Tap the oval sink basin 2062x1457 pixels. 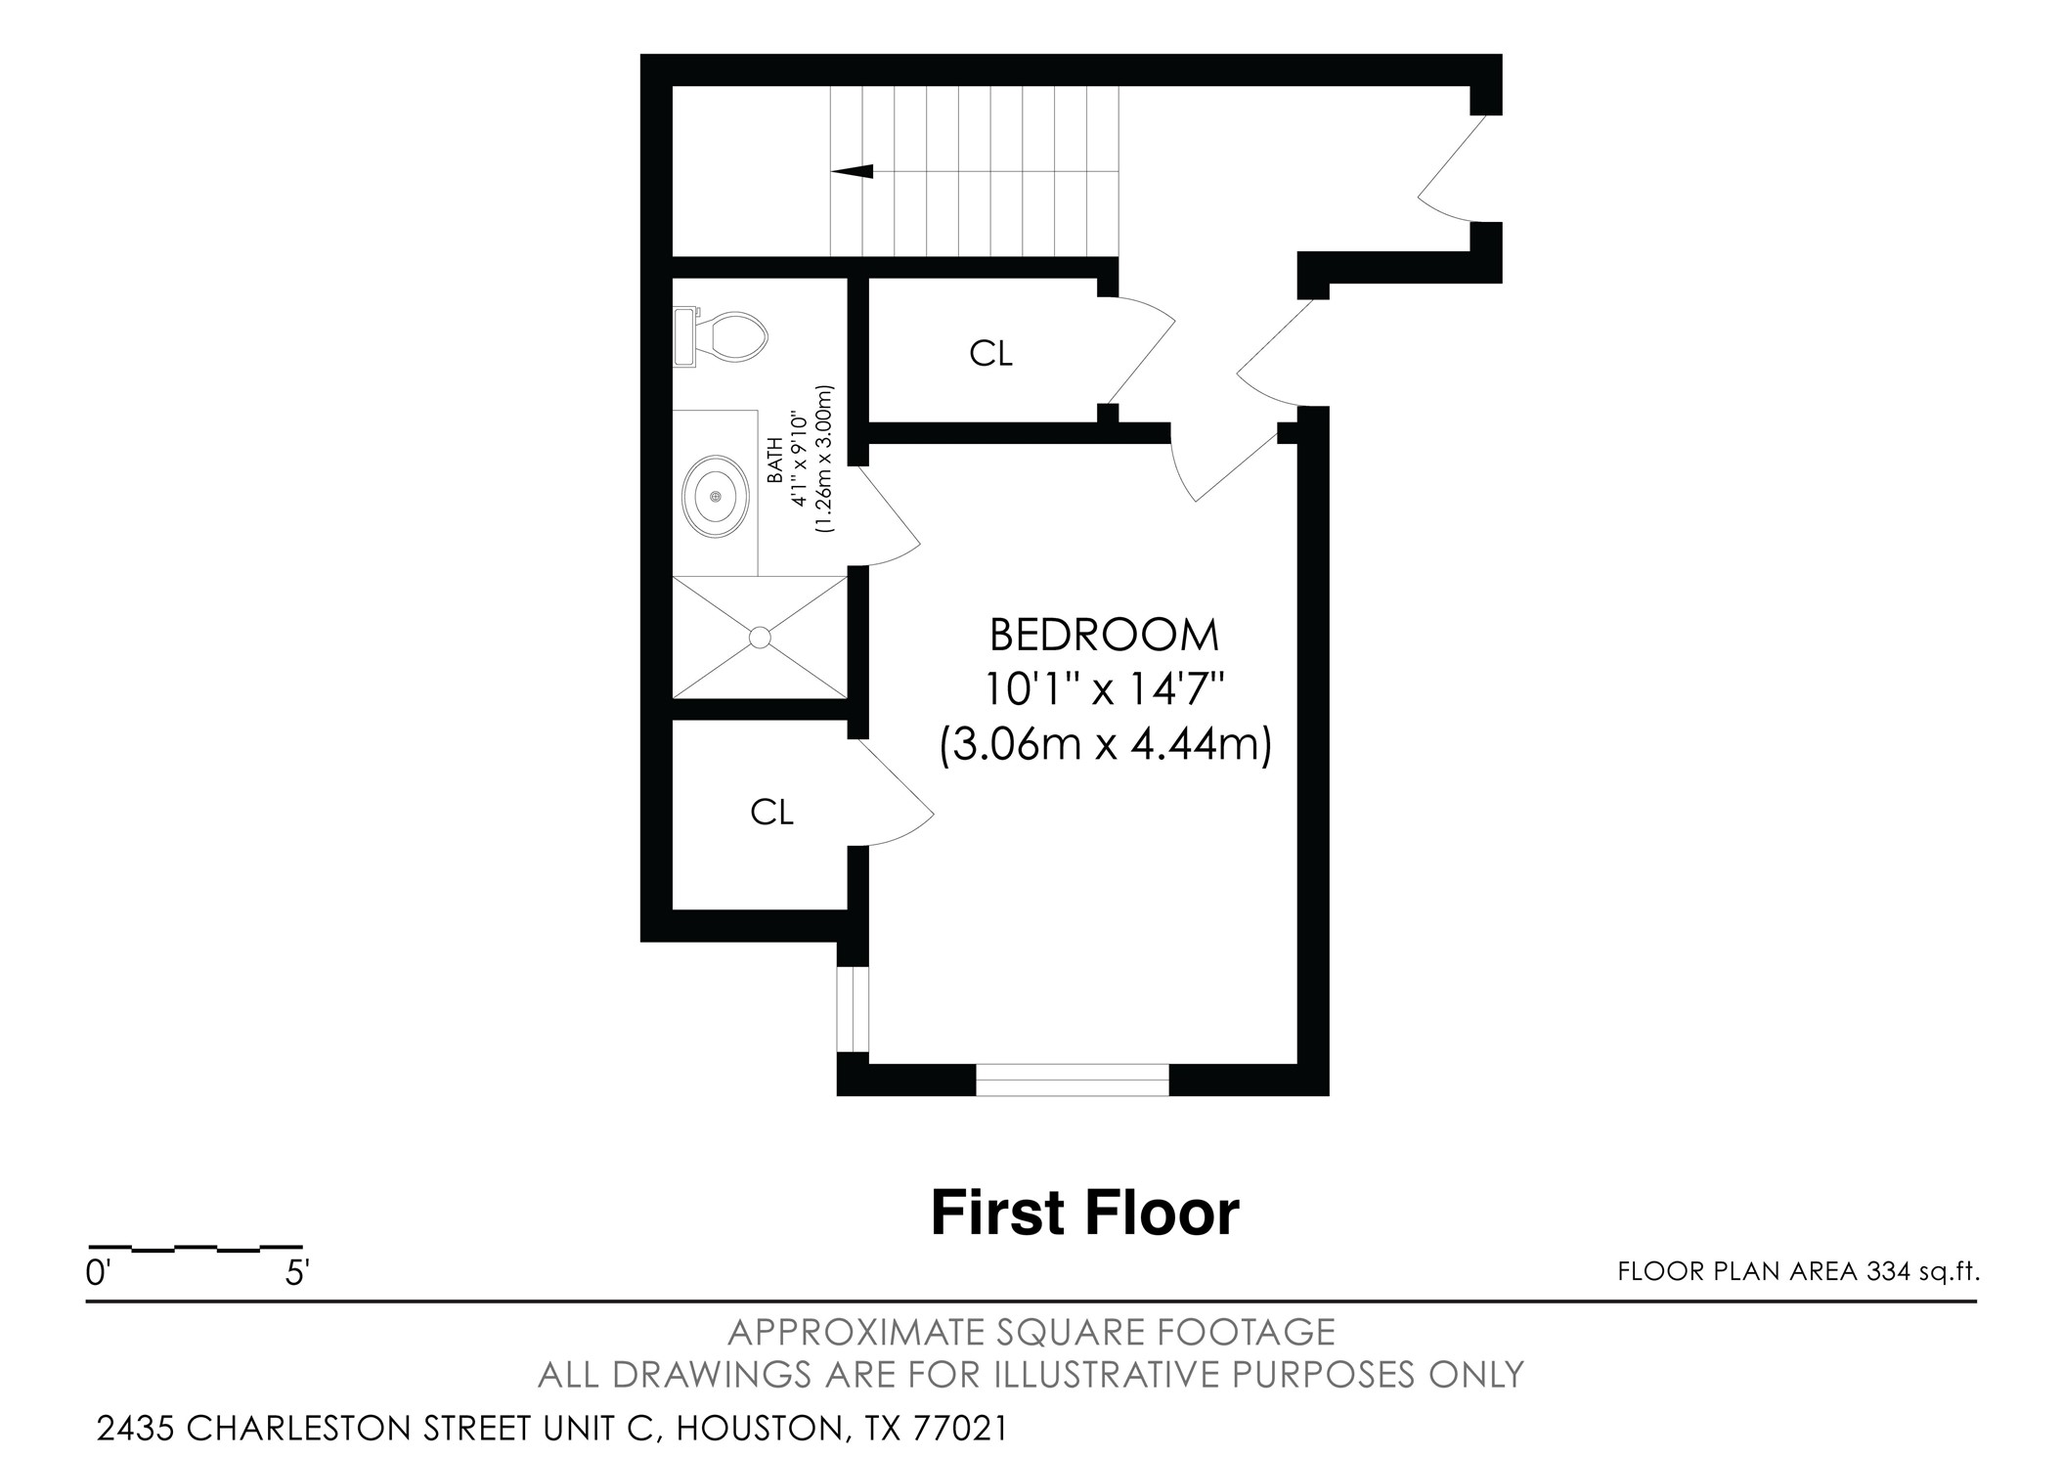[x=716, y=497]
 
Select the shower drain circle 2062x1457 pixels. [x=760, y=638]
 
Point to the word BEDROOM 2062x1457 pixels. [x=1104, y=636]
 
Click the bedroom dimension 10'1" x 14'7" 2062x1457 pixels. [x=1104, y=690]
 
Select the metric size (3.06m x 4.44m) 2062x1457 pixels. [x=1105, y=745]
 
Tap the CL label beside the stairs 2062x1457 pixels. [x=990, y=354]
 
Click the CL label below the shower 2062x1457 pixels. [x=771, y=812]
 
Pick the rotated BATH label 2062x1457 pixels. [x=774, y=462]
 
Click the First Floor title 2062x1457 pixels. [x=1084, y=1214]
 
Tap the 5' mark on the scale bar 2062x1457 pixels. [x=297, y=1273]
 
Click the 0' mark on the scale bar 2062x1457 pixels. [x=99, y=1273]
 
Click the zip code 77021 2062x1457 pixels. [x=959, y=1429]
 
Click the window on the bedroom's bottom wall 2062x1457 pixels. [x=1073, y=1080]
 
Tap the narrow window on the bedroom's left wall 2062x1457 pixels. [x=853, y=1010]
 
